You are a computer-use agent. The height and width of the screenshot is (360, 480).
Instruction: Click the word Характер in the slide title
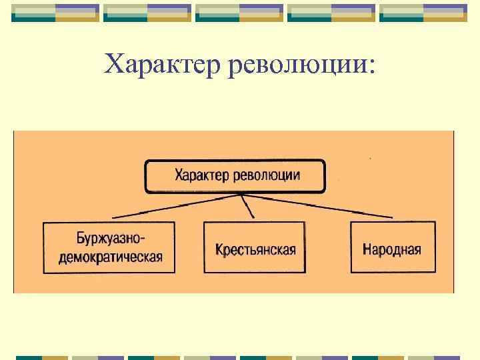click(x=163, y=65)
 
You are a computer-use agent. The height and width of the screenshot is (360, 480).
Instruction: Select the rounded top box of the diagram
click(x=235, y=176)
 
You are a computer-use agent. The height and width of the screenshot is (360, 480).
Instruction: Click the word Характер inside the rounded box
click(x=202, y=176)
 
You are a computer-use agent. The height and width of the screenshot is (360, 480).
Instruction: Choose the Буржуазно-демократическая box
click(x=109, y=247)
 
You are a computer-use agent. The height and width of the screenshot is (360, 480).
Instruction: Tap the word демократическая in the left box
click(x=110, y=257)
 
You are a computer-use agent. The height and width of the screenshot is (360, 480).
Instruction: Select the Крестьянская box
click(x=254, y=247)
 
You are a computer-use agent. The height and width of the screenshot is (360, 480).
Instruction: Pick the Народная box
click(x=392, y=247)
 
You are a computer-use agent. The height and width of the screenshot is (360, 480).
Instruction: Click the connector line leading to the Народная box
click(x=320, y=206)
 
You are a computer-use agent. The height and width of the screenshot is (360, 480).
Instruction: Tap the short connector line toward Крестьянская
click(x=249, y=206)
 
